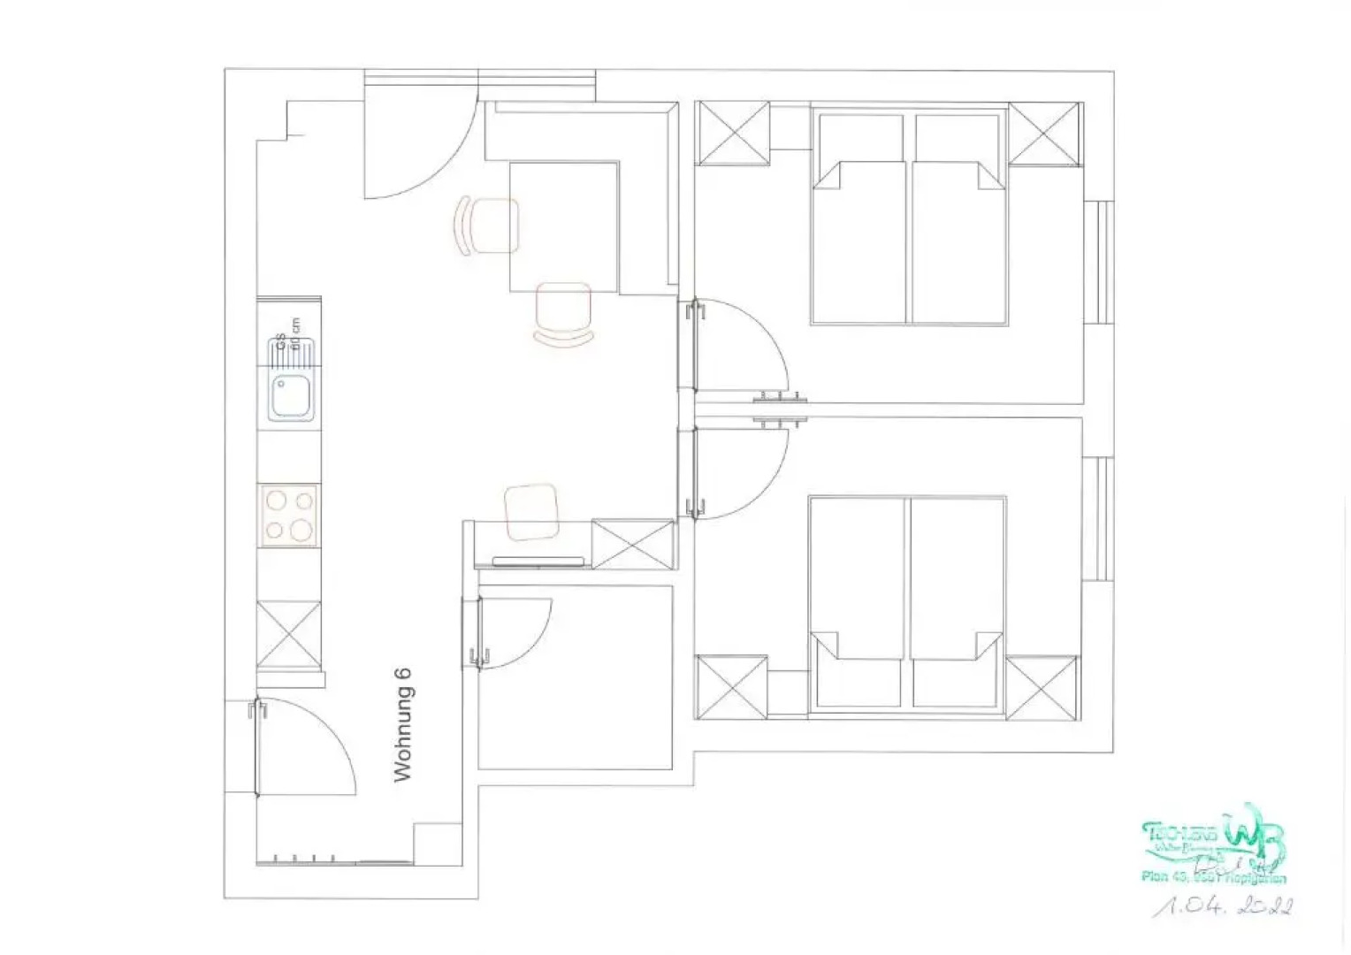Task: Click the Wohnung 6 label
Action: pyautogui.click(x=402, y=724)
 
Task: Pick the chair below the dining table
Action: pyautogui.click(x=563, y=313)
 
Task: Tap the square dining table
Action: pyautogui.click(x=564, y=226)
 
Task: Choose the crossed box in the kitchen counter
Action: pyautogui.click(x=288, y=633)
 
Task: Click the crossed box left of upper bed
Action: pyautogui.click(x=733, y=133)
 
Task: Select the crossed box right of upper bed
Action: pyautogui.click(x=1045, y=134)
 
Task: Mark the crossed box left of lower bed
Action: pyautogui.click(x=732, y=687)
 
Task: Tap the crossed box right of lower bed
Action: pyautogui.click(x=1042, y=688)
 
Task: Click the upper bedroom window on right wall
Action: pyautogui.click(x=1102, y=263)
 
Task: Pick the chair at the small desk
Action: pyautogui.click(x=532, y=511)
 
